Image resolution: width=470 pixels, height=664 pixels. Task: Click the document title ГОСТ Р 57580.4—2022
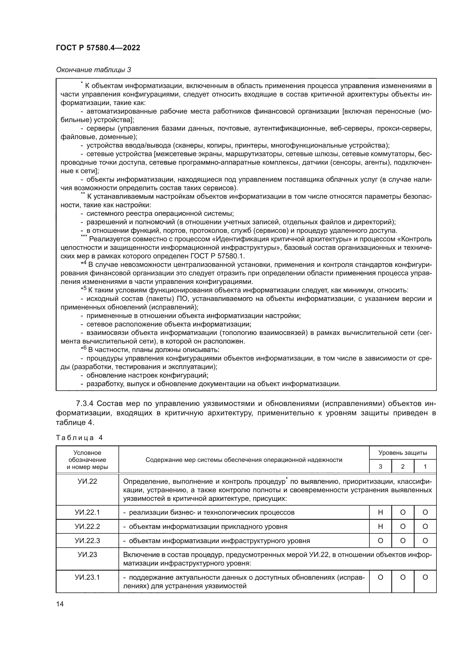(98, 48)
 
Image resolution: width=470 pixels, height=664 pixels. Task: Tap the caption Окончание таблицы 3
(93, 70)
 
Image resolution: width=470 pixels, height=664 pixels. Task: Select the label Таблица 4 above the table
(79, 437)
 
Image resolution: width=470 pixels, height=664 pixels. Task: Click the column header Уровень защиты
(403, 453)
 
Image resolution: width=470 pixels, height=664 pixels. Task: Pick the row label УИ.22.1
(87, 512)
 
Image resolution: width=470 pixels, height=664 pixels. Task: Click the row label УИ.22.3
(87, 541)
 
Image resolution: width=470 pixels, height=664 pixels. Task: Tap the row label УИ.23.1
(87, 577)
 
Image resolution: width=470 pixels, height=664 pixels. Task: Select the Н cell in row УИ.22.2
(380, 527)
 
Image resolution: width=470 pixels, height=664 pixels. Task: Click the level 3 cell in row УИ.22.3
(380, 541)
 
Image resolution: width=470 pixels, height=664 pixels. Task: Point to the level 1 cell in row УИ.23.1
(425, 577)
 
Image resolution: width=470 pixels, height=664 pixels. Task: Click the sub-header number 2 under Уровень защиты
(403, 466)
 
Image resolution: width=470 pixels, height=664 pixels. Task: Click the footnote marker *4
(84, 263)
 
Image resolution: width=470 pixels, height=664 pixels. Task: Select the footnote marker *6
(84, 348)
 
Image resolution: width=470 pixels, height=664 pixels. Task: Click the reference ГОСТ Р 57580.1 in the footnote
(217, 256)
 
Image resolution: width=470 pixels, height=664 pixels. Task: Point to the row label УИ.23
(87, 555)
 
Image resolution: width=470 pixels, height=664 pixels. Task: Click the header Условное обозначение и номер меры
(87, 460)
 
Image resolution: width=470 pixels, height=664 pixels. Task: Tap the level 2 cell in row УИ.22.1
(403, 512)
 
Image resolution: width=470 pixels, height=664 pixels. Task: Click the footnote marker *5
(84, 289)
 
